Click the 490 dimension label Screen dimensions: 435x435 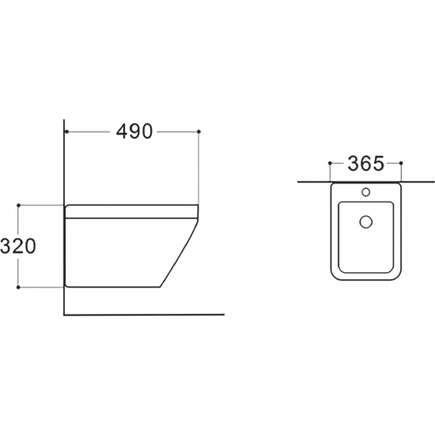click(134, 131)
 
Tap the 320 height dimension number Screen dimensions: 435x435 click(18, 246)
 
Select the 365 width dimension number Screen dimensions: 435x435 click(366, 163)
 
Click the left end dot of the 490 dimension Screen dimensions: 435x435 click(66, 131)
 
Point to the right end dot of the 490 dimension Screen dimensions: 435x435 click(199, 131)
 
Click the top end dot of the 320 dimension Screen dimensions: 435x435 click(19, 206)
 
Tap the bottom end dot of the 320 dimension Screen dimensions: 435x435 click(19, 287)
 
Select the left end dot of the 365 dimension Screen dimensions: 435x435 click(330, 163)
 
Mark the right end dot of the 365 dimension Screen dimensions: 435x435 click(402, 163)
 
